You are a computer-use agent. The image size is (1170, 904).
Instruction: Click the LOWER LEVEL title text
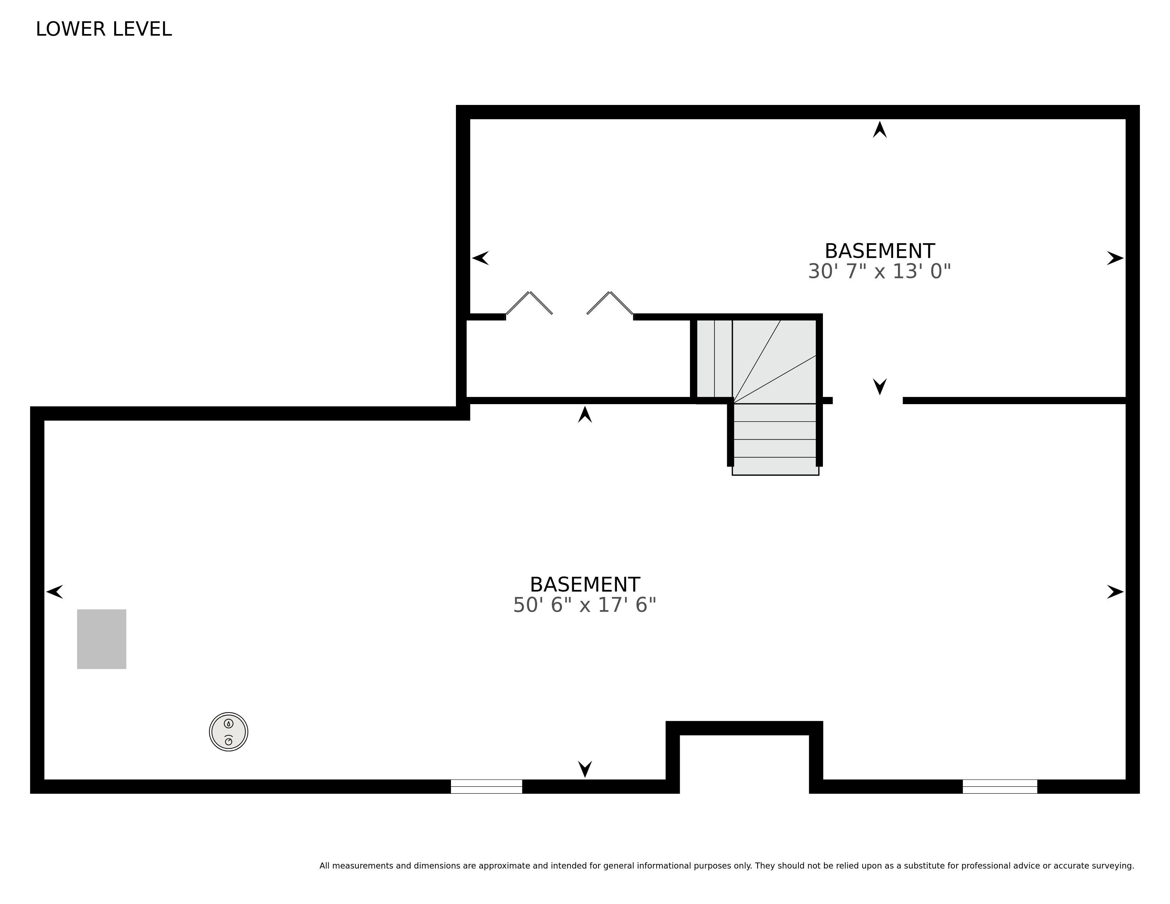[x=104, y=29]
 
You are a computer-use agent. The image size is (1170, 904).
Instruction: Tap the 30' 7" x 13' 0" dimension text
[x=879, y=272]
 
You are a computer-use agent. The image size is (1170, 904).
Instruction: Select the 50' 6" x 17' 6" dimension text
[x=584, y=605]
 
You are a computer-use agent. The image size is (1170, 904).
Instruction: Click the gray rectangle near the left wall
[x=102, y=639]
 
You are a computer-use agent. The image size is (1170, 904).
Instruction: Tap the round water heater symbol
[x=229, y=732]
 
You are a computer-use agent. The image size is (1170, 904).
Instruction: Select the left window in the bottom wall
[x=486, y=786]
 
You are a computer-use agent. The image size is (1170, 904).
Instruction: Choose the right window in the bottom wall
[x=1000, y=786]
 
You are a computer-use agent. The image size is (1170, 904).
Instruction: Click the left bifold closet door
[x=529, y=303]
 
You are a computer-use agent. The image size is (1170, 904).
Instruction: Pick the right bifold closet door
[x=610, y=303]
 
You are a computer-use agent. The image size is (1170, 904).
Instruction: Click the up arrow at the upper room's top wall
[x=880, y=130]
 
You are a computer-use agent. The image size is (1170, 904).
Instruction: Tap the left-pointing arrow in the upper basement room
[x=480, y=258]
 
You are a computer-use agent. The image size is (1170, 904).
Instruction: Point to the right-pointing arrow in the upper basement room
[x=1115, y=258]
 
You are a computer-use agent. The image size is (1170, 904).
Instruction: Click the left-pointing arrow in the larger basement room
[x=55, y=592]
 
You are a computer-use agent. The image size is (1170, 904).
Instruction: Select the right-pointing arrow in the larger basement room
[x=1115, y=592]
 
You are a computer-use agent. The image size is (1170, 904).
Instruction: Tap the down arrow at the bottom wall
[x=585, y=769]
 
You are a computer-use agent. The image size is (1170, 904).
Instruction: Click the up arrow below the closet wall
[x=585, y=414]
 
